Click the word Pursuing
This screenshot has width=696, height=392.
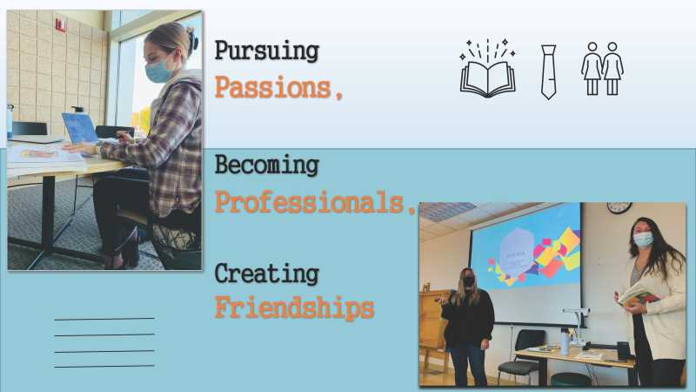(x=267, y=51)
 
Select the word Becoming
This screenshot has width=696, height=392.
(x=267, y=166)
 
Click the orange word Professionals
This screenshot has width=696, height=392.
(x=315, y=202)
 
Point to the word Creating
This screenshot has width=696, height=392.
(x=267, y=274)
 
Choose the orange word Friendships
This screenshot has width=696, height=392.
(x=294, y=308)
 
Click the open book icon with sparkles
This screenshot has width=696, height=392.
(x=488, y=69)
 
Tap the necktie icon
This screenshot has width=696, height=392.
(x=549, y=72)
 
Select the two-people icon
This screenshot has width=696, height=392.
(x=602, y=69)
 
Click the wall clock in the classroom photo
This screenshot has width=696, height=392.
(x=619, y=207)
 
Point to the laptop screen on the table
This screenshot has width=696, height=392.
(x=80, y=128)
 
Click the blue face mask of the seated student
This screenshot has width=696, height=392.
(x=157, y=71)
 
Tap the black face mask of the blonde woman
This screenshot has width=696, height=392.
(x=469, y=280)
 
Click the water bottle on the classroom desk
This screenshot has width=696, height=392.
(x=565, y=341)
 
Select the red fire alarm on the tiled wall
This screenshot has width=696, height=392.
(x=60, y=25)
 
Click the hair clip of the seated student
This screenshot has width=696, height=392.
(x=192, y=40)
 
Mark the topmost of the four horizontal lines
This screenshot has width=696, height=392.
(x=104, y=319)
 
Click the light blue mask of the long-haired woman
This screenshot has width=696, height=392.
(x=643, y=240)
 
